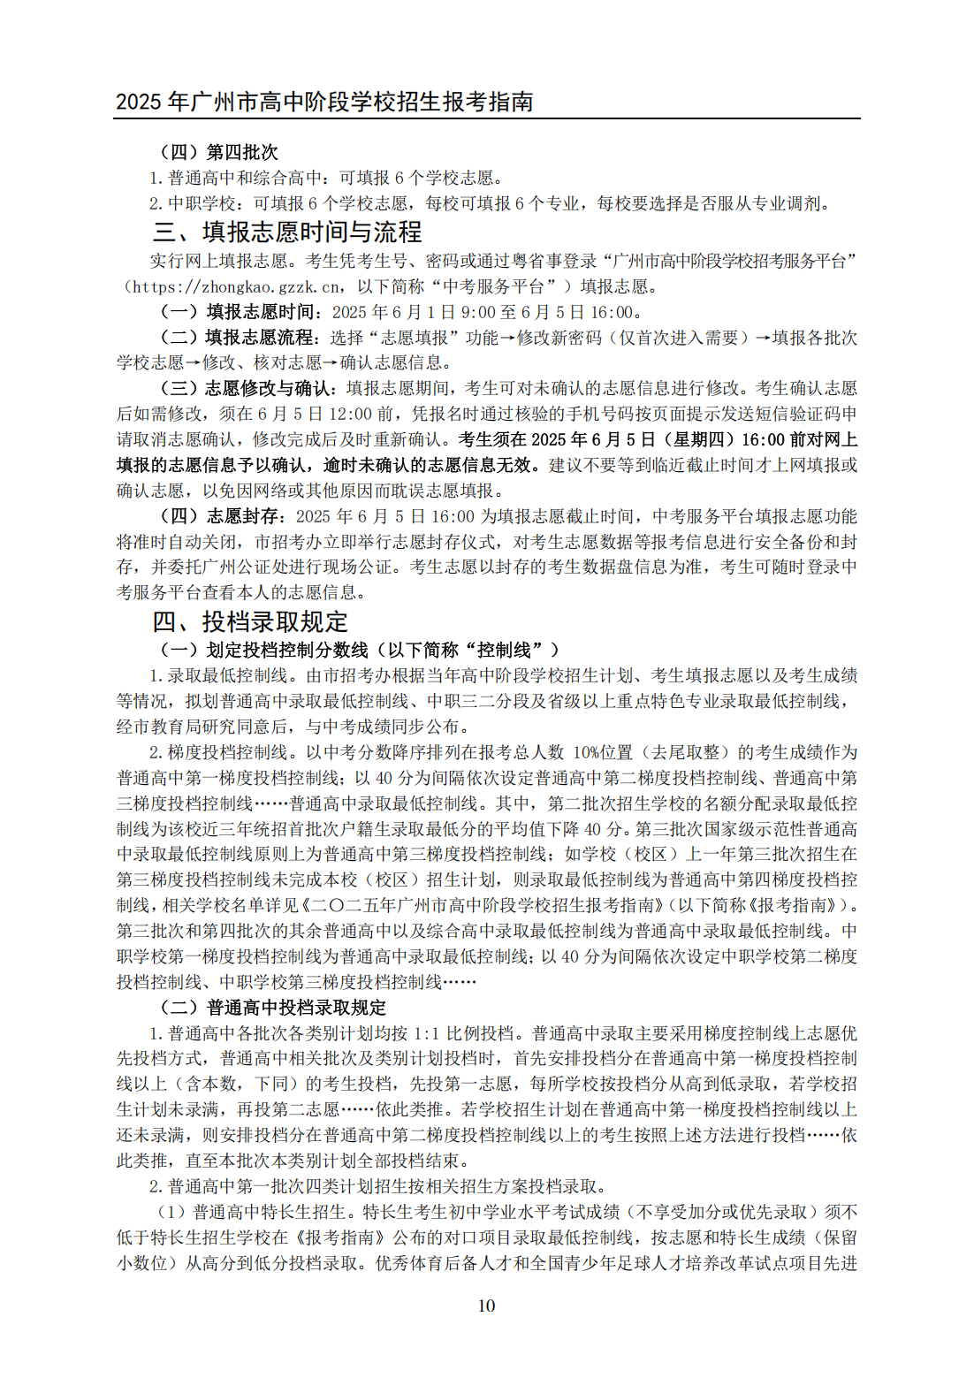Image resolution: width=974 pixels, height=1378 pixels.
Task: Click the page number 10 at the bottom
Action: pos(486,1306)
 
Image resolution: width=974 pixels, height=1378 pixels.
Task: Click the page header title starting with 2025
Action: pos(324,102)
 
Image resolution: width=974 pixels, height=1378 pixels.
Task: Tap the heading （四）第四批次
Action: pos(218,152)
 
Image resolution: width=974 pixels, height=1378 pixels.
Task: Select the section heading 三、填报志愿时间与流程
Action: pos(287,232)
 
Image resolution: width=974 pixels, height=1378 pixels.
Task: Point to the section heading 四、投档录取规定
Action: pos(250,621)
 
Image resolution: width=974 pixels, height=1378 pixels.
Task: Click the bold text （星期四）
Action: pos(701,439)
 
